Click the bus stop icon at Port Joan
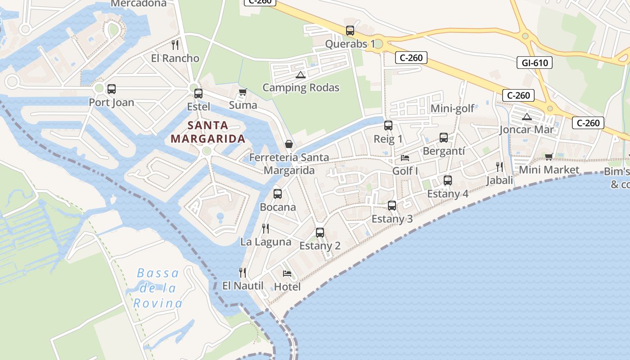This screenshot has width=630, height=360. coord(111,89)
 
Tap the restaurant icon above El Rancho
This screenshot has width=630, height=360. coord(175,45)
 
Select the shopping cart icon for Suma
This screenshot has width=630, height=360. coord(243,92)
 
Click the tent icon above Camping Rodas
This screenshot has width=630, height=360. coord(301,74)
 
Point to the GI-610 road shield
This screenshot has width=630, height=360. coord(535,63)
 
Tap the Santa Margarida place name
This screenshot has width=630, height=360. coord(208,132)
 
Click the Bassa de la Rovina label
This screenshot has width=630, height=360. coord(158,288)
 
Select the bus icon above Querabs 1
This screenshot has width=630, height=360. coord(350,31)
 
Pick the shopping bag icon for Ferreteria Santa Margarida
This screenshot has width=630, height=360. coord(289,144)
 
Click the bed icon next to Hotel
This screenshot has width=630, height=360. coord(287,273)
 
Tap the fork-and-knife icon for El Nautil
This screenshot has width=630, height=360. coord(243,272)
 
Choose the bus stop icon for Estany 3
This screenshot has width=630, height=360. coord(392,206)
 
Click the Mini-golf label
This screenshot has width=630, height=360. coord(452,108)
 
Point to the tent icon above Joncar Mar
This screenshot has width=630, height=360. coord(526,117)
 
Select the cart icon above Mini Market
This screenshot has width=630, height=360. coord(549,157)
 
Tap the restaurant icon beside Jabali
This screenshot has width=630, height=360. coord(499,167)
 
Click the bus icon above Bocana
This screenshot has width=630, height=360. coord(278,194)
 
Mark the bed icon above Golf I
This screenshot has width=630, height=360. coord(405,158)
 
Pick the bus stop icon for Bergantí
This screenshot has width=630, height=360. coord(444,138)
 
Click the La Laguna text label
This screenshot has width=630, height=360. coord(265,242)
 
